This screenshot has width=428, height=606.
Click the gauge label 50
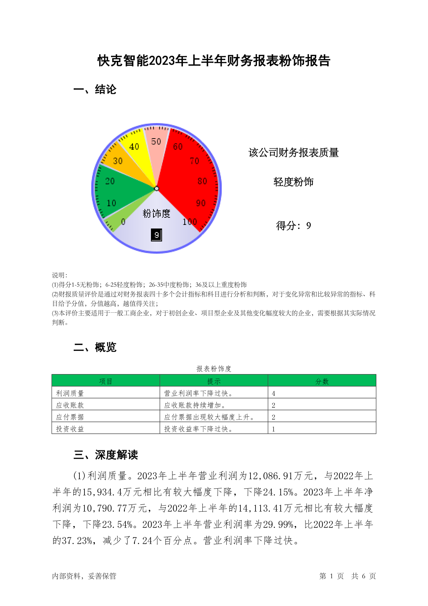[156, 142]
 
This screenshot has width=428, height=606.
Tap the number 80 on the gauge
[202, 181]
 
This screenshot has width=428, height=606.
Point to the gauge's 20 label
[110, 181]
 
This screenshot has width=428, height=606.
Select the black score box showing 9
[156, 235]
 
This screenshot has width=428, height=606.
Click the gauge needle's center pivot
[156, 188]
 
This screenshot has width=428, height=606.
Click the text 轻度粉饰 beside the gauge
[293, 182]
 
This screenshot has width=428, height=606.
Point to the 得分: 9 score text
[293, 226]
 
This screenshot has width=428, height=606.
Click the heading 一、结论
[95, 90]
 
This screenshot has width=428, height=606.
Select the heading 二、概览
[95, 347]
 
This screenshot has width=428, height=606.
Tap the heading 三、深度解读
[106, 455]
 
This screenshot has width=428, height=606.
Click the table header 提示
[214, 381]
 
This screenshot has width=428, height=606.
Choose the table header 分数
[322, 381]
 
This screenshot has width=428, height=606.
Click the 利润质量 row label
[70, 393]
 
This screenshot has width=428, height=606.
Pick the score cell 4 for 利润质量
[274, 393]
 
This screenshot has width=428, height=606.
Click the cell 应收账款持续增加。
[195, 405]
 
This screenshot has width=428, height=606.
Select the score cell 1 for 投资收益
[274, 429]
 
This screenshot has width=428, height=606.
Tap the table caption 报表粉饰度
[214, 368]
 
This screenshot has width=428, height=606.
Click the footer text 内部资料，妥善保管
[84, 576]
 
